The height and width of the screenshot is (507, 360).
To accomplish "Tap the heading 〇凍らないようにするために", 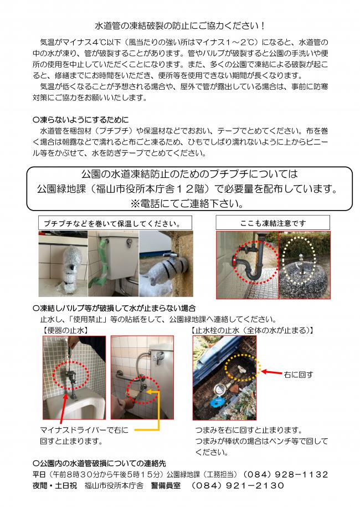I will pyautogui.click(x=81, y=119).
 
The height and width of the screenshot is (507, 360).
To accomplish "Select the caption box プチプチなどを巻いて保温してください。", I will pyautogui.click(x=110, y=223).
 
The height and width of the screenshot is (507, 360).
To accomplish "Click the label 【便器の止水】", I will pyautogui.click(x=65, y=330).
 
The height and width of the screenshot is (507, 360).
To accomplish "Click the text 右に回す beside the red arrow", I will pyautogui.click(x=298, y=375).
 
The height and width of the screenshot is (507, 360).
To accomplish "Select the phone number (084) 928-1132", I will pyautogui.click(x=286, y=475).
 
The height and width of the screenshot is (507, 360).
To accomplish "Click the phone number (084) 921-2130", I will pyautogui.click(x=238, y=486).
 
